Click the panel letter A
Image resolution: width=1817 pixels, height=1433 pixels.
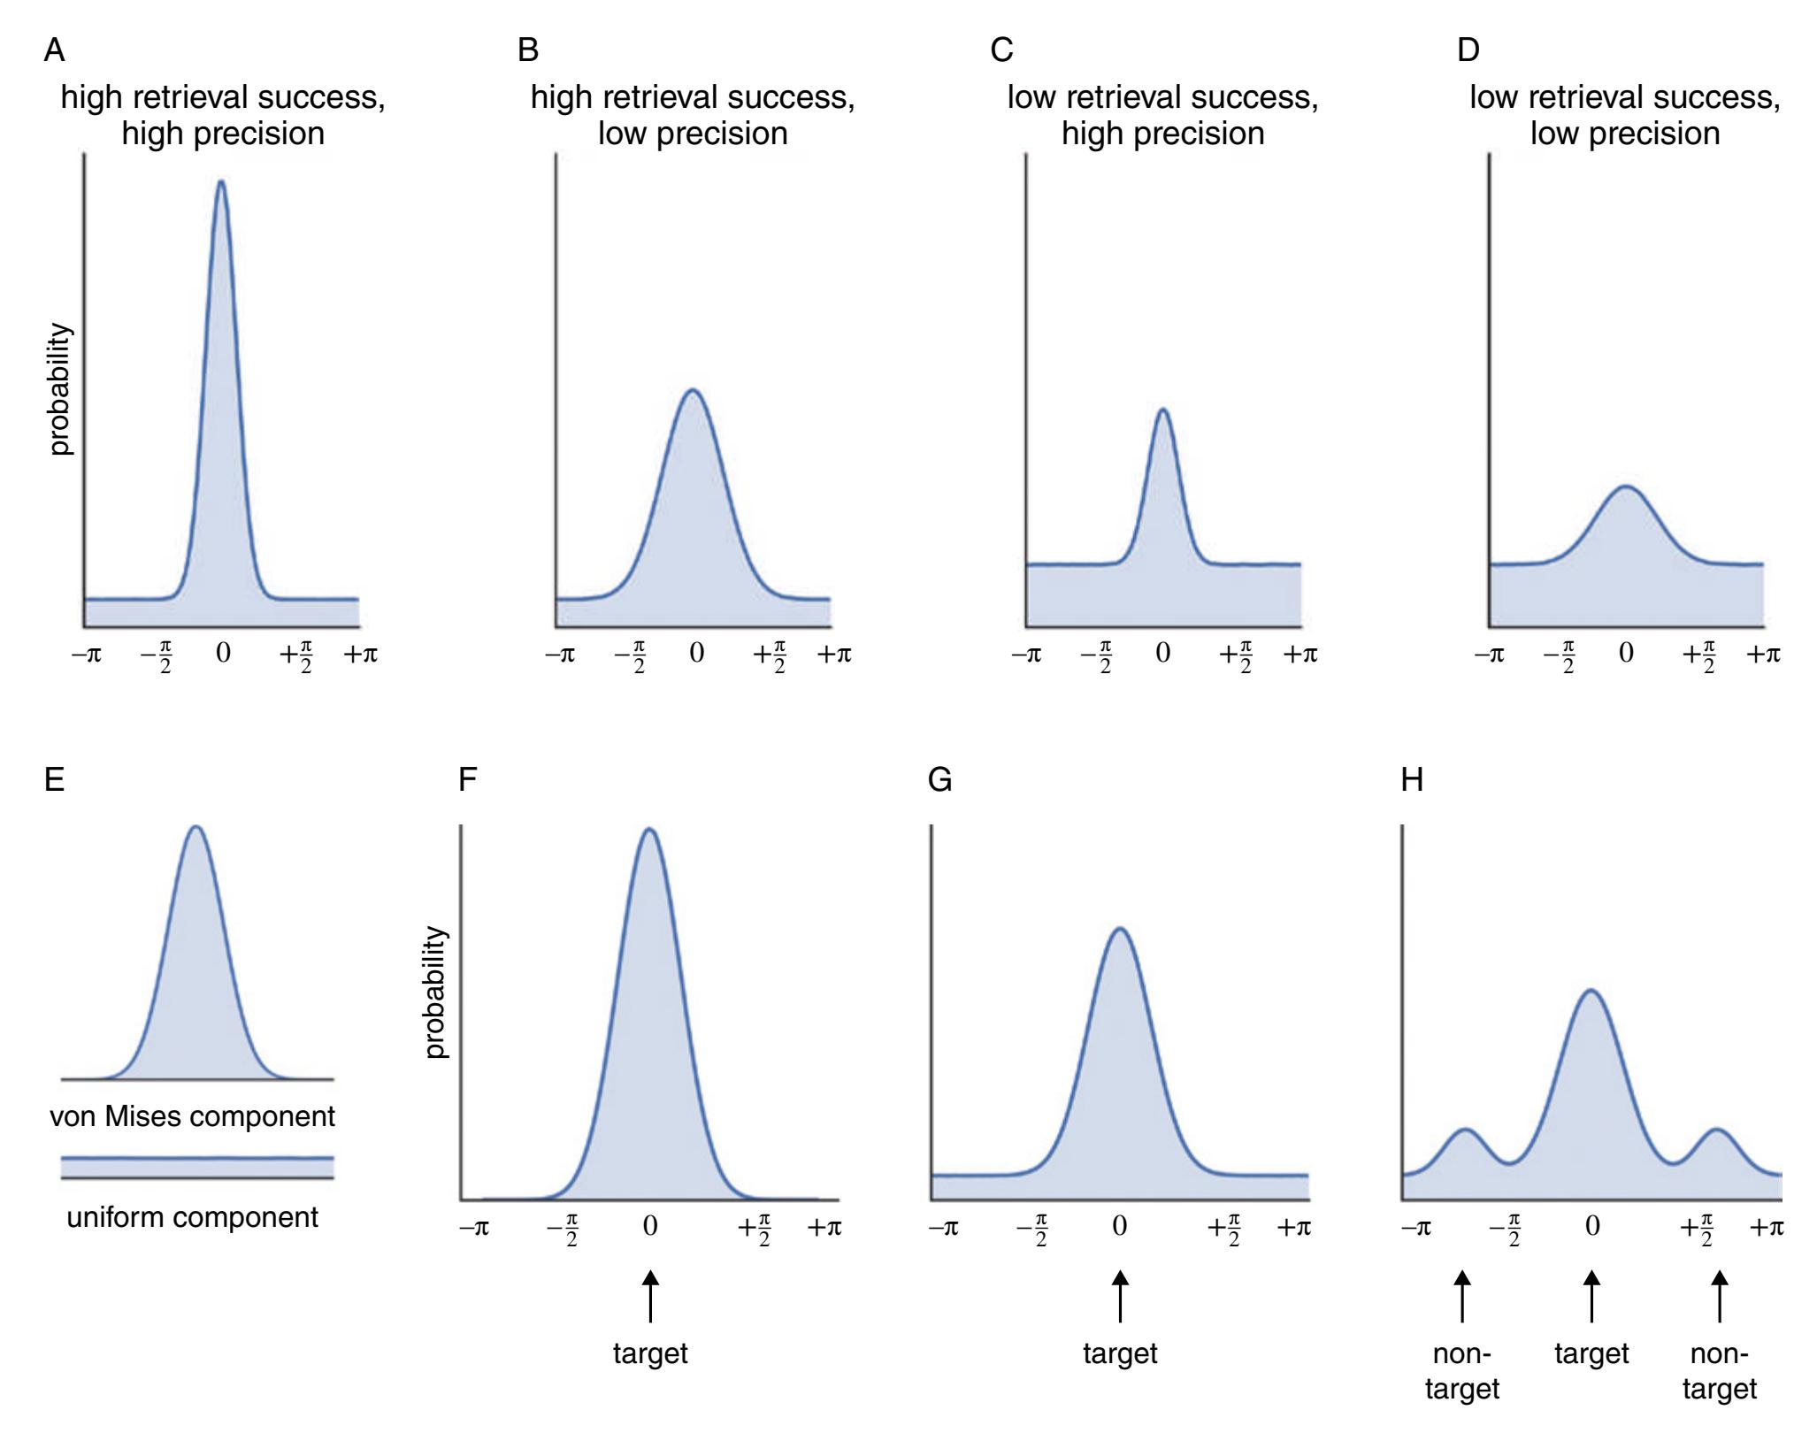pos(54,50)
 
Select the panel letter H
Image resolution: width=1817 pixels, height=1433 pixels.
pos(1412,780)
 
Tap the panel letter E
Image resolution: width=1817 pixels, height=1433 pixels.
pos(54,780)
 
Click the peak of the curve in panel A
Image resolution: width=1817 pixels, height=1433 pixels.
pos(221,182)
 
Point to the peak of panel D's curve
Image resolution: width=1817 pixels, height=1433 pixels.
pos(1625,487)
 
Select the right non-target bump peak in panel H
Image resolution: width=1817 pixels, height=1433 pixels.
pos(1718,1130)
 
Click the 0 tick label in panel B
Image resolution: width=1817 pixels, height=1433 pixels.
pos(696,654)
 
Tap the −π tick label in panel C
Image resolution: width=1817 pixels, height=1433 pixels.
pos(1027,655)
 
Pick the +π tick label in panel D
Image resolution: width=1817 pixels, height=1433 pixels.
pos(1762,655)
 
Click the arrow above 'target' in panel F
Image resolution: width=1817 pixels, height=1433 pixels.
pos(650,1297)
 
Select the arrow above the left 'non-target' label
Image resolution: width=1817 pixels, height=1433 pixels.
pos(1462,1297)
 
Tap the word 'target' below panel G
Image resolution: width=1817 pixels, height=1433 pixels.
pos(1120,1354)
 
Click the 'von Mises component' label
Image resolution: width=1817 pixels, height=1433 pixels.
pos(192,1116)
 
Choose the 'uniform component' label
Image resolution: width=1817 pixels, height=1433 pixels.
pos(192,1217)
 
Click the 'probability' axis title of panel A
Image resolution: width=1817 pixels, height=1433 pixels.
pos(59,389)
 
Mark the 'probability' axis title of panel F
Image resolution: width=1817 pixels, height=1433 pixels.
pos(435,992)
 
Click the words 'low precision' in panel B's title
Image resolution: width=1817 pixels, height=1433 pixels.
pos(693,134)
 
